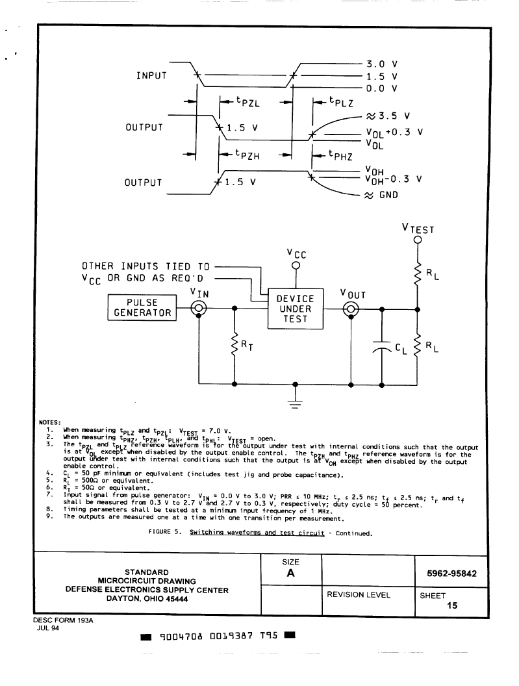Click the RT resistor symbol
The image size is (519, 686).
pyautogui.click(x=234, y=346)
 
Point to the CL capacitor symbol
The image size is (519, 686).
pyautogui.click(x=382, y=346)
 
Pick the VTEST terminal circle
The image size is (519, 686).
pyautogui.click(x=418, y=240)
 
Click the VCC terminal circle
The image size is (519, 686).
pyautogui.click(x=296, y=266)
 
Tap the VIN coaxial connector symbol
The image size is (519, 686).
pyautogui.click(x=199, y=309)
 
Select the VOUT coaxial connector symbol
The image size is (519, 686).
pyautogui.click(x=351, y=309)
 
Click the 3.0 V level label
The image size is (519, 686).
pyautogui.click(x=382, y=64)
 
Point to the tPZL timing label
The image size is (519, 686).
pyautogui.click(x=247, y=102)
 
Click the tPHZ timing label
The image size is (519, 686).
pyautogui.click(x=340, y=155)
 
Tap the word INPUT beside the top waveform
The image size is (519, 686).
pyautogui.click(x=151, y=75)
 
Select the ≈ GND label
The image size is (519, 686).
pyautogui.click(x=381, y=195)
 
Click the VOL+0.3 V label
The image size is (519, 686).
pyautogui.click(x=394, y=133)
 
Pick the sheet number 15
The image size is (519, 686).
pyautogui.click(x=452, y=605)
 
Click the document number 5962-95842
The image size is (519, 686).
pyautogui.click(x=451, y=574)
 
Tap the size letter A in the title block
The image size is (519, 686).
pyautogui.click(x=290, y=573)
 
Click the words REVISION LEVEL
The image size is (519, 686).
pyautogui.click(x=359, y=594)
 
